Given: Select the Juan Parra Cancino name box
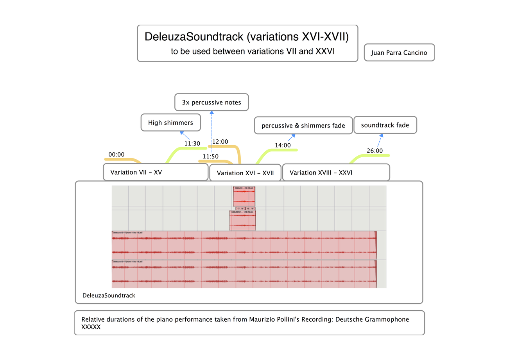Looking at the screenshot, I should click(399, 53).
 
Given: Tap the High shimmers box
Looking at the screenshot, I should click(170, 123).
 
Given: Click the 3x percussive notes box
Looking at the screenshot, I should click(211, 103).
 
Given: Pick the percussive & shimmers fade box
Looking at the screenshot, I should click(303, 126).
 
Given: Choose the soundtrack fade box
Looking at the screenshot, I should click(385, 125).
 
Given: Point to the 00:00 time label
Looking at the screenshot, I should click(116, 155).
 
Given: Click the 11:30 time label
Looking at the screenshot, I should click(192, 144).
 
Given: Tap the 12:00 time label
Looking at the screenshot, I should click(220, 142).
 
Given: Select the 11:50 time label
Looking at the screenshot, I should click(211, 157).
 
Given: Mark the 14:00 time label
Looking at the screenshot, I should click(283, 145).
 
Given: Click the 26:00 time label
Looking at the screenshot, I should click(375, 150).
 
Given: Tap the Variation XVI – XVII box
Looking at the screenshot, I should click(245, 173).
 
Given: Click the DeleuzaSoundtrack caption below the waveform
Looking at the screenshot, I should click(109, 295).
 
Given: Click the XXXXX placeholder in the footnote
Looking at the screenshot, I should click(91, 327).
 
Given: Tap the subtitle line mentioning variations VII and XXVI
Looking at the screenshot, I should click(253, 51).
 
